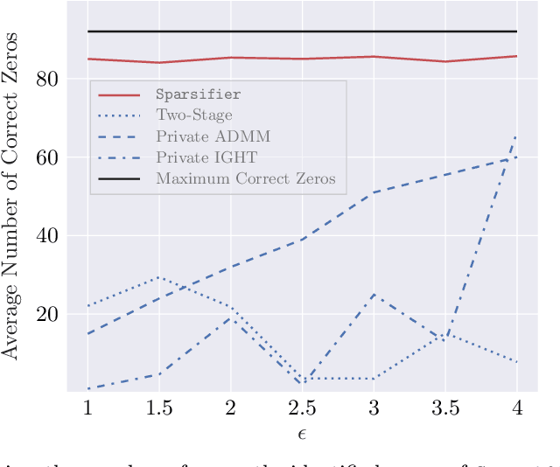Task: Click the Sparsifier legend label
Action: tap(198, 93)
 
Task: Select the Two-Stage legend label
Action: tap(194, 115)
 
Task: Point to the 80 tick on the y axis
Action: tap(47, 80)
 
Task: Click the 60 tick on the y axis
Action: tap(47, 157)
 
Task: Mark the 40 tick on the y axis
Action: tap(47, 236)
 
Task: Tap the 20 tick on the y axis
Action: tap(47, 314)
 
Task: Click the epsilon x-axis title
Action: tap(302, 434)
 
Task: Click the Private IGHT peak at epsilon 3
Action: tap(374, 295)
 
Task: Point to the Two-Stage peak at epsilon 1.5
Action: tap(158, 277)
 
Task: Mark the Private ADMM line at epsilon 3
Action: tap(374, 192)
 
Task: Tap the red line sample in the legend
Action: tap(120, 94)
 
